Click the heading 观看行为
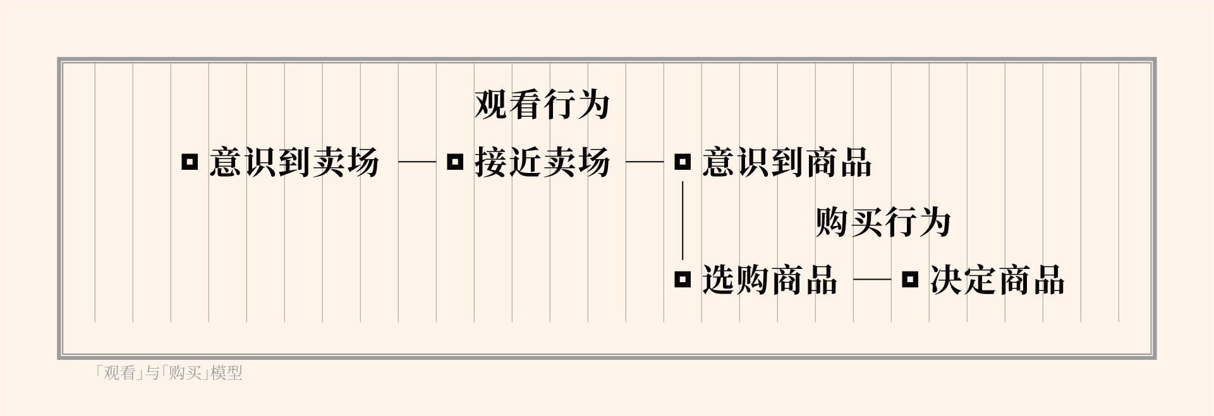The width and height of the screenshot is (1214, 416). [x=542, y=105]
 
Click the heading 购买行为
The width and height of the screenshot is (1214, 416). [x=883, y=222]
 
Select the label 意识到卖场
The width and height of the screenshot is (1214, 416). [x=294, y=162]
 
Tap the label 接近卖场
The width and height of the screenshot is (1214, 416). [x=542, y=162]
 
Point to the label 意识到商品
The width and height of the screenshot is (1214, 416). [x=787, y=162]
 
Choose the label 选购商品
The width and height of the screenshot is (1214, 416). [x=769, y=280]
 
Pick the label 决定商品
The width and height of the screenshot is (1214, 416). [x=997, y=280]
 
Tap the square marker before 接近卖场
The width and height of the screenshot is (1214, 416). [x=455, y=162]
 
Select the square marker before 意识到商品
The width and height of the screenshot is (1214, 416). [x=683, y=162]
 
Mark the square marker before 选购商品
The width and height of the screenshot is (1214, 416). [x=683, y=279]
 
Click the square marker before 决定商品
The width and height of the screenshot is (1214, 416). [x=910, y=279]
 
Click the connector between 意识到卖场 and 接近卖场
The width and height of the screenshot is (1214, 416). [x=417, y=162]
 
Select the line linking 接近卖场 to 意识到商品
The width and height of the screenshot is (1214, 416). [x=645, y=162]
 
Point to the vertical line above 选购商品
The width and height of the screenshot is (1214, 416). [x=683, y=221]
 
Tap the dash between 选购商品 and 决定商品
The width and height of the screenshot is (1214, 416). [x=872, y=279]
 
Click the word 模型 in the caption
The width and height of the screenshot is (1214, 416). [x=227, y=373]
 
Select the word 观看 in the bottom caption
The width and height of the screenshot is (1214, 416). [x=119, y=373]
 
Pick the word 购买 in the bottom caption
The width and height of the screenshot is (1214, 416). [x=185, y=373]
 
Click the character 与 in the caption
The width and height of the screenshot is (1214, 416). [x=152, y=373]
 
